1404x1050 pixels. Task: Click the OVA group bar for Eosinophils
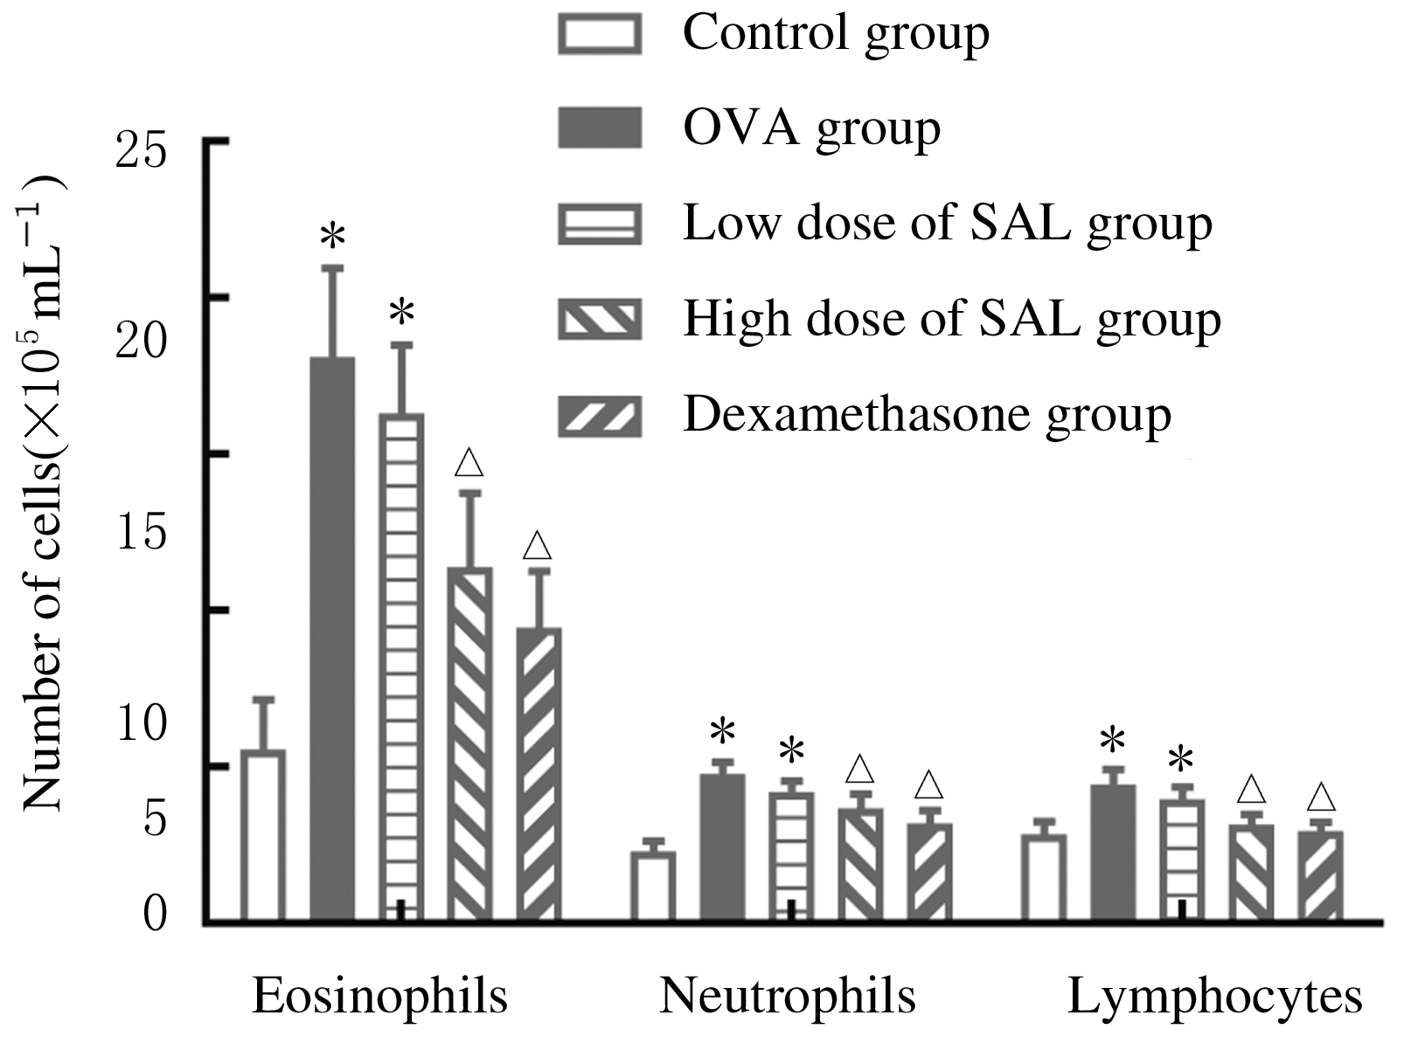[x=333, y=638]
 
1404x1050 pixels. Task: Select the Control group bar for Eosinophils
[x=263, y=834]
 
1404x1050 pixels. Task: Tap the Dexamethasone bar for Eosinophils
[x=539, y=774]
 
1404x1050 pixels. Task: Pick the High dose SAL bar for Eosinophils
[x=470, y=743]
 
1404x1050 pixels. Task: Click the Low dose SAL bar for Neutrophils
[x=791, y=856]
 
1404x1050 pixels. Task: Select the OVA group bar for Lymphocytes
[x=1113, y=853]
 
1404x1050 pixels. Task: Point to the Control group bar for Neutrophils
[x=653, y=886]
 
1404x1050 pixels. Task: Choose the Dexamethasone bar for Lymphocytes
[x=1320, y=875]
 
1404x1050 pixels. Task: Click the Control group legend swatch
[x=600, y=33]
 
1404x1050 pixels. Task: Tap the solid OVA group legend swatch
[x=600, y=128]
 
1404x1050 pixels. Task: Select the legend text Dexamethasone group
[x=927, y=414]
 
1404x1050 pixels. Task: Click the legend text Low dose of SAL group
[x=948, y=224]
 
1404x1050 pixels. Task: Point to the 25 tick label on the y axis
[x=141, y=152]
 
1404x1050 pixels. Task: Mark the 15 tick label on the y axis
[x=141, y=533]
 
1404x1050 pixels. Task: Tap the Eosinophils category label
[x=380, y=996]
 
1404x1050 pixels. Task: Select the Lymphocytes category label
[x=1215, y=996]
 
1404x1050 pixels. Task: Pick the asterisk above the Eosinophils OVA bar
[x=333, y=237]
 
